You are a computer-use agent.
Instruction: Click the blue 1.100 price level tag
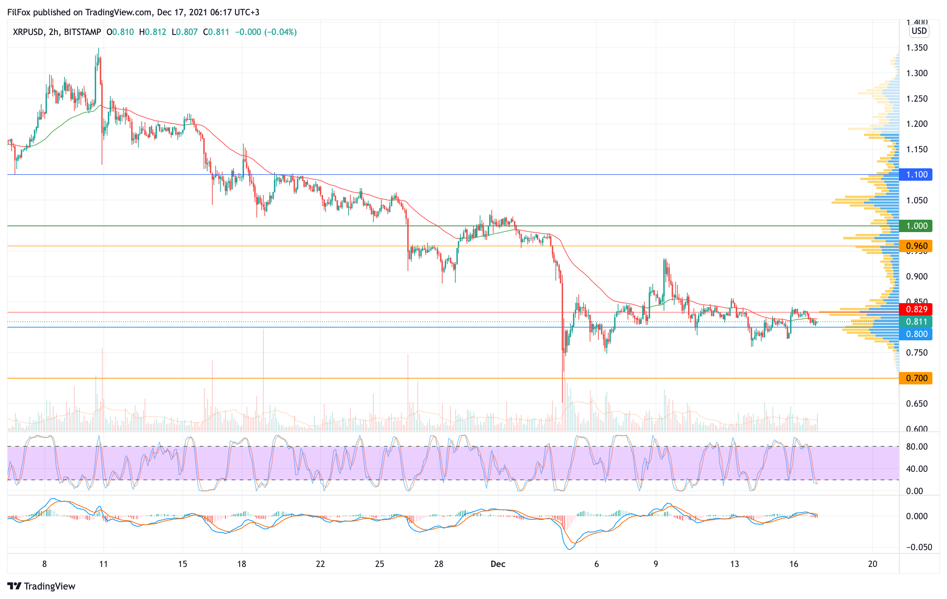point(916,175)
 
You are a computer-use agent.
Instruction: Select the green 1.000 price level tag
point(916,226)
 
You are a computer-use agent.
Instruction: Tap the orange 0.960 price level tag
point(916,246)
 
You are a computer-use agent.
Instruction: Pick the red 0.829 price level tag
point(916,310)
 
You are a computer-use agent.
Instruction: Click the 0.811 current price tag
point(916,322)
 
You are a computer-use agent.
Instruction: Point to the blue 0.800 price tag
point(916,334)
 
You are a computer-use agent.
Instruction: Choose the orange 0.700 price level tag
point(916,378)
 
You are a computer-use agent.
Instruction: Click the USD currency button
point(919,31)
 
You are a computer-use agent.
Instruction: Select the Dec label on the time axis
point(498,564)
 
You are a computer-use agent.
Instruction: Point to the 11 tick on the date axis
point(103,564)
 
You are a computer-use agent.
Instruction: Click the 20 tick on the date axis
point(873,564)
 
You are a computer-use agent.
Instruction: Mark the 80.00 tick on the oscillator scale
point(917,447)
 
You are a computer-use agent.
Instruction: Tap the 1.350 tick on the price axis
point(917,48)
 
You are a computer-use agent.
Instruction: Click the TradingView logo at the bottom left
point(41,586)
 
